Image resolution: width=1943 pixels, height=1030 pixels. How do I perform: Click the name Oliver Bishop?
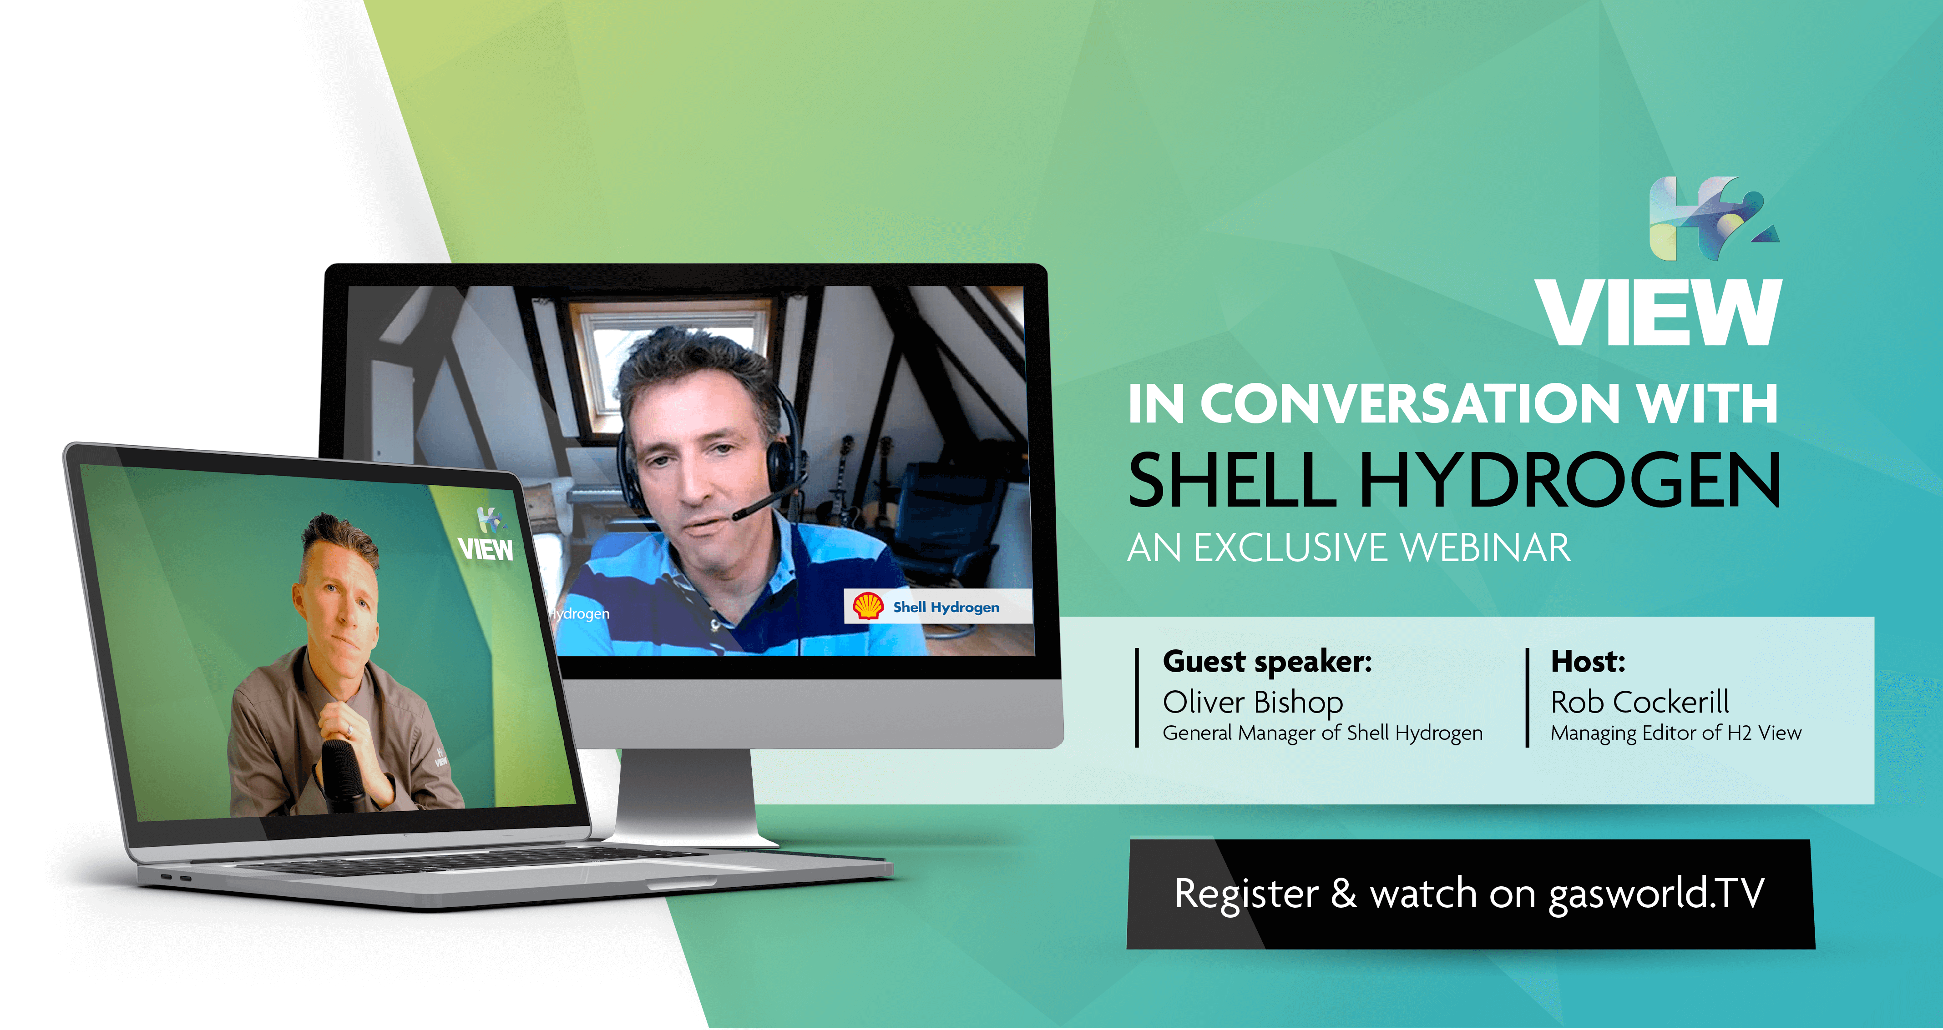1253,702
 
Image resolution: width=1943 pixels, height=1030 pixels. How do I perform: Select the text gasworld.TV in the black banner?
1656,894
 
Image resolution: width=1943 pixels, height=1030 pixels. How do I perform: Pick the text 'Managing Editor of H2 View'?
1676,733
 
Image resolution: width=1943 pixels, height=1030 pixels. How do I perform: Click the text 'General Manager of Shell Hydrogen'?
1322,733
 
